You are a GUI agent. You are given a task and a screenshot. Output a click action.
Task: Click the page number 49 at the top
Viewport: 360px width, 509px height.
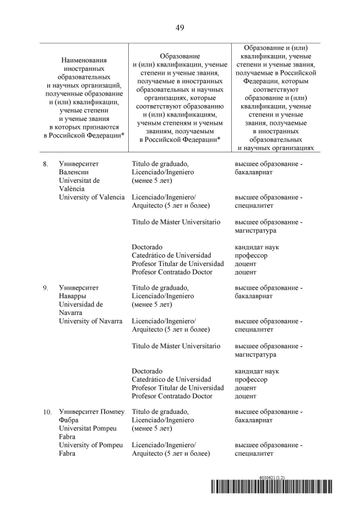click(180, 27)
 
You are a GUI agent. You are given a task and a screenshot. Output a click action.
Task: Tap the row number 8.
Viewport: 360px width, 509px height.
click(46, 164)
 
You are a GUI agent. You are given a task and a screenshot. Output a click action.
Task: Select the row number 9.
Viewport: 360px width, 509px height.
click(46, 288)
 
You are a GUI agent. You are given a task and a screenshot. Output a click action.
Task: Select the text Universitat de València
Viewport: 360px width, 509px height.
click(79, 184)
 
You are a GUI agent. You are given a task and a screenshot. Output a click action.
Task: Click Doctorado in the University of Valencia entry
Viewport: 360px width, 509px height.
click(147, 247)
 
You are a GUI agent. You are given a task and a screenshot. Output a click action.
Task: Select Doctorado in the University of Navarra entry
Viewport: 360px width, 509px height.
click(147, 371)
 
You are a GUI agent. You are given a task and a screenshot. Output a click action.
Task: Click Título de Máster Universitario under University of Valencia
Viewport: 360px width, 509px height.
click(175, 222)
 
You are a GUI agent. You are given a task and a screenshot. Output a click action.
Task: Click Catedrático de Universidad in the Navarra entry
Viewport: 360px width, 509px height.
click(171, 380)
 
